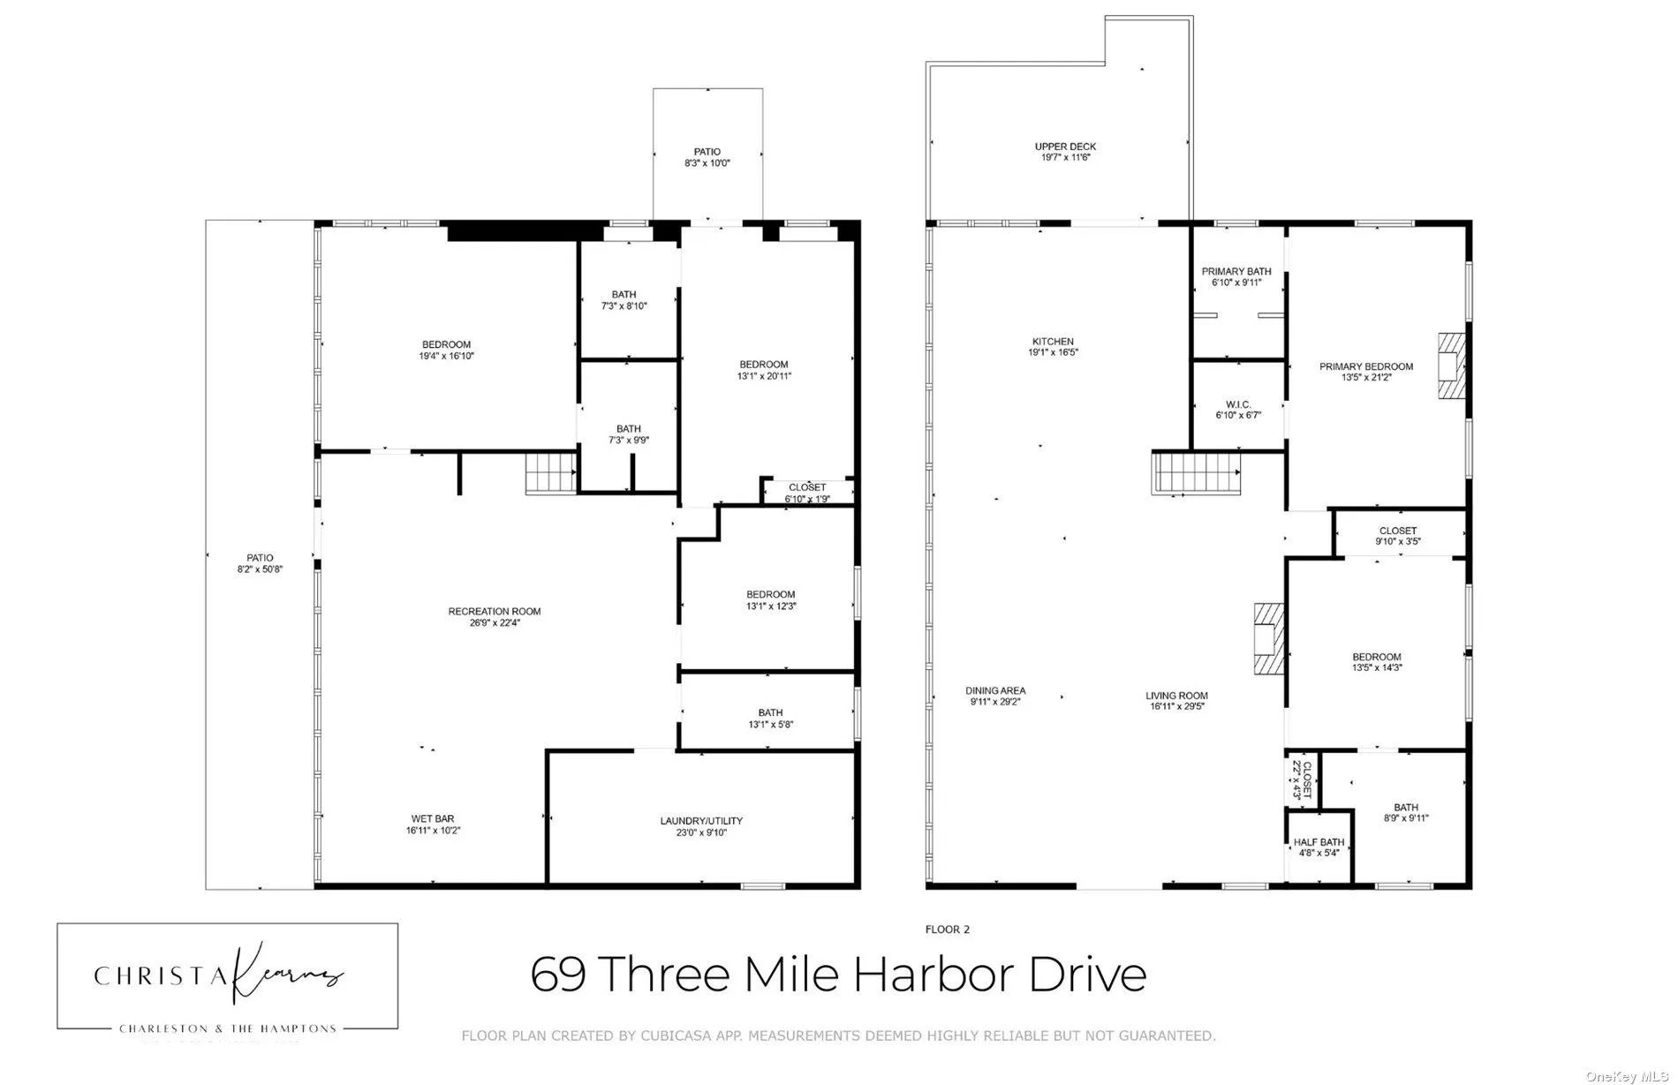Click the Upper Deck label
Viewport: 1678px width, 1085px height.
(1065, 147)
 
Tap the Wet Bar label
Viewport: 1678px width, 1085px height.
(432, 819)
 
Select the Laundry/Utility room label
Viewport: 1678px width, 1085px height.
(701, 821)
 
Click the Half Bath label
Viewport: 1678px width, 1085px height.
(1319, 842)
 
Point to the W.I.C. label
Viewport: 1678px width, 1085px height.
(1238, 404)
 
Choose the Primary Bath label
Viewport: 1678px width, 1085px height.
(1236, 271)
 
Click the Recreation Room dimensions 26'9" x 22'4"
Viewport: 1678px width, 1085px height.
(494, 622)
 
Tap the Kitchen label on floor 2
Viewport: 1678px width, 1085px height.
(1053, 342)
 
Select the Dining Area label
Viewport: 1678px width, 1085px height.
(994, 690)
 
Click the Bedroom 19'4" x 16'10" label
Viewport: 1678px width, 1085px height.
(446, 344)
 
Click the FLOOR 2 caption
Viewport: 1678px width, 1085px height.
(947, 929)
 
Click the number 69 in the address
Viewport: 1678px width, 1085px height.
(557, 975)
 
